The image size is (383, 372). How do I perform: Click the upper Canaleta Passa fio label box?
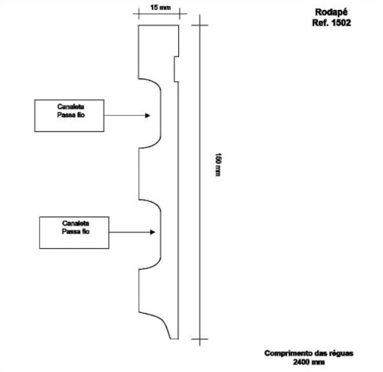click(69, 115)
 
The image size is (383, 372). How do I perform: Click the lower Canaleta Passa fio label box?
click(75, 232)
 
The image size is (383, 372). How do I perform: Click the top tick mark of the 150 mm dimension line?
click(199, 25)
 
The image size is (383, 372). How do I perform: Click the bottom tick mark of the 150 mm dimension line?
click(199, 339)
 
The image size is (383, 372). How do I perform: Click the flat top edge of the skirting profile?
click(159, 25)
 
